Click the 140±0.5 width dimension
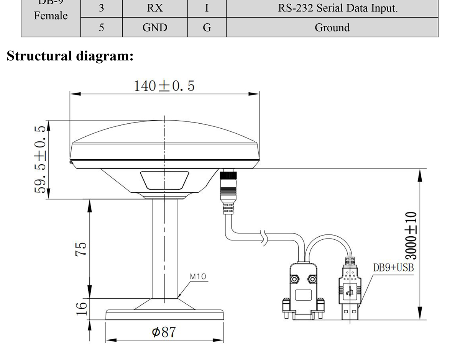164,86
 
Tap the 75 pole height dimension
81,249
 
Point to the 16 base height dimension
81,308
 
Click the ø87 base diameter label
164,332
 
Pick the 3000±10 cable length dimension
411,236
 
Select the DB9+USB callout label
394,267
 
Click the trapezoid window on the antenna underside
164,180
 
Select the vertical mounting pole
164,249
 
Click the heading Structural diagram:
70,56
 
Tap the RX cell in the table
155,8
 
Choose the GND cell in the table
155,28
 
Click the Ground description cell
332,28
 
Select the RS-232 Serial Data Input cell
332,8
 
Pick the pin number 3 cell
101,8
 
